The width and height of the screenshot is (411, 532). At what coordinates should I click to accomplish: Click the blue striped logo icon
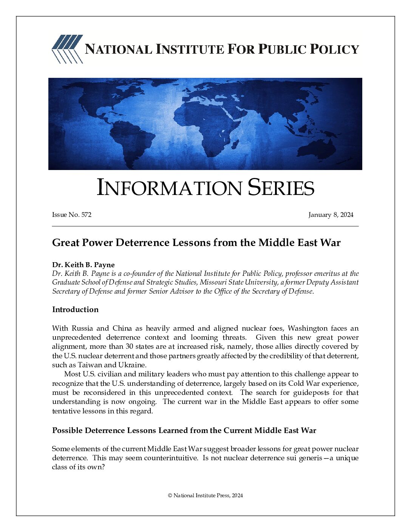67,49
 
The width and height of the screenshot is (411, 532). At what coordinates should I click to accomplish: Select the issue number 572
86,215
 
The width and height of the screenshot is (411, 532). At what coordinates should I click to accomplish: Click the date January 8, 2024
331,215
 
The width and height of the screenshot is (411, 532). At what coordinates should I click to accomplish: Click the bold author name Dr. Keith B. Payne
83,264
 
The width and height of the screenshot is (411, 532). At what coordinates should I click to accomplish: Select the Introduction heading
75,309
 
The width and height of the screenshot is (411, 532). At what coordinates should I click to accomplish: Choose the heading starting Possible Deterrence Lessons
184,430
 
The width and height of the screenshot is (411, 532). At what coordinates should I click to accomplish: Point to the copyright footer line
205,495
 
